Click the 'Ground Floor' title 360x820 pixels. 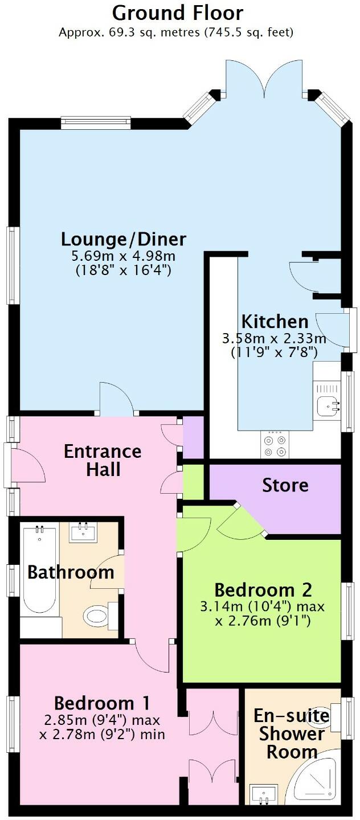(178, 13)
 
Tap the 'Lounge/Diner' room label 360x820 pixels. (124, 239)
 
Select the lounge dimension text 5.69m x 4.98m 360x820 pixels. (124, 256)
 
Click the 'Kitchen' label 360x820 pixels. (275, 321)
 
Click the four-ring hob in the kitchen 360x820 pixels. (275, 445)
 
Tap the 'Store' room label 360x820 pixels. (285, 485)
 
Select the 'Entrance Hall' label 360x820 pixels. (103, 460)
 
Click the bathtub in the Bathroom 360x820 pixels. (39, 569)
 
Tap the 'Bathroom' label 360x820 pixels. (71, 572)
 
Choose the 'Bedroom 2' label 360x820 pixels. (263, 589)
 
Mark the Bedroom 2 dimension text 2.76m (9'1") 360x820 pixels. (263, 620)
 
